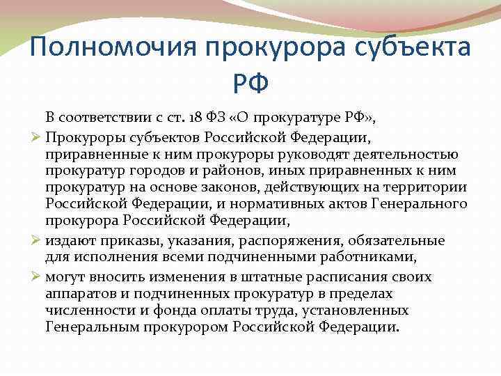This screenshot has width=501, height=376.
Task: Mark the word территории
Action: tap(430, 189)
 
